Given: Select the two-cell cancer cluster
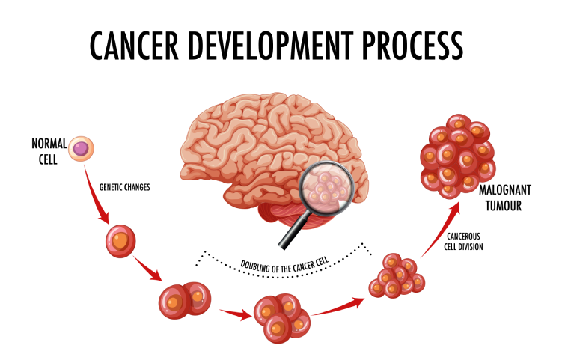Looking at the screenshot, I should pos(182,300).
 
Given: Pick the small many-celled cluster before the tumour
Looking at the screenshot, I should pos(396,277).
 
